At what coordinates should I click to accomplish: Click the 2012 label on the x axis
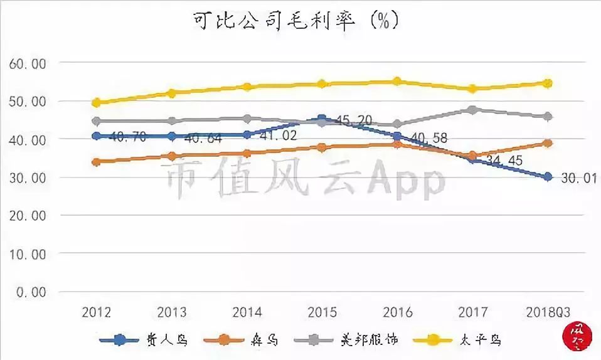tap(97, 312)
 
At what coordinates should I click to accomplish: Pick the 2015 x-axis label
tap(322, 312)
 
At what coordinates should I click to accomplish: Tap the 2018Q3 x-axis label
tap(547, 312)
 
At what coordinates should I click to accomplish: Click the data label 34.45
tap(504, 162)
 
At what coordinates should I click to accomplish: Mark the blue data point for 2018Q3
tap(548, 177)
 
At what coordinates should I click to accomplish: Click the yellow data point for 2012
tap(97, 102)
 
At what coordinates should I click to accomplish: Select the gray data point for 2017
tap(472, 110)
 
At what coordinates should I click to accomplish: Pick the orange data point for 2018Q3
tap(548, 143)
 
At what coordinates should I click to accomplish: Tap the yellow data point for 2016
tap(397, 82)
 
